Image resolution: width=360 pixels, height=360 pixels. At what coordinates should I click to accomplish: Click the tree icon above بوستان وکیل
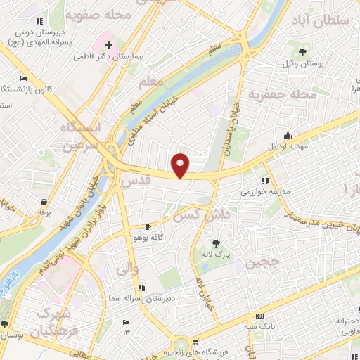[x=303, y=51]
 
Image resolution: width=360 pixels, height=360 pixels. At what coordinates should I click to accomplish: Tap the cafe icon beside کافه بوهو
[x=147, y=226]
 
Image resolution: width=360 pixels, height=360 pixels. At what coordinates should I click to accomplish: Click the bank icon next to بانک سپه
[x=260, y=316]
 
